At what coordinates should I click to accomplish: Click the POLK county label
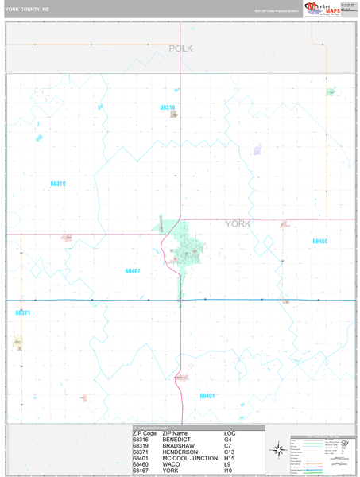[x=180, y=48]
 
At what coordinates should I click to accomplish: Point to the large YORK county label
[x=238, y=224]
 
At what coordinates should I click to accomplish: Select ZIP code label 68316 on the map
[x=167, y=107]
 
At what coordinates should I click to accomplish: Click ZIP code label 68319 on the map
[x=58, y=184]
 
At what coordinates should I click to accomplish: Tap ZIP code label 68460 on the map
[x=319, y=242]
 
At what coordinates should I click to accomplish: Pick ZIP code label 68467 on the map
[x=133, y=271]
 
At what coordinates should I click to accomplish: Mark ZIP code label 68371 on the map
[x=22, y=313]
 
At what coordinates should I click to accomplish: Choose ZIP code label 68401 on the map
[x=207, y=396]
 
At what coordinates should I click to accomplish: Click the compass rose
[x=278, y=450]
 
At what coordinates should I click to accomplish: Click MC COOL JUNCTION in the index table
[x=190, y=459]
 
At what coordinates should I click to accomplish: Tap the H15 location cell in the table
[x=230, y=459]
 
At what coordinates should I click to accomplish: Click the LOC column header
[x=230, y=433]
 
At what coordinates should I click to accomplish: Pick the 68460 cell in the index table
[x=141, y=465]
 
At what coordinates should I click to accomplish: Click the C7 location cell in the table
[x=228, y=446]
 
